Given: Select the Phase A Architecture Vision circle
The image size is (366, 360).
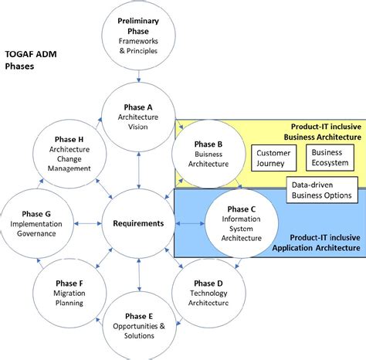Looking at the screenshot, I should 139,117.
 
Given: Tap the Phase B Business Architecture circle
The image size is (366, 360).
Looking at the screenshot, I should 208,153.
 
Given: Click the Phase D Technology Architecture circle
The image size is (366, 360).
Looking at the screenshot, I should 208,292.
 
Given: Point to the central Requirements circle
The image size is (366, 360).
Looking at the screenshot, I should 139,223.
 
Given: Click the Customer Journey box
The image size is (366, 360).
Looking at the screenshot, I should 273,158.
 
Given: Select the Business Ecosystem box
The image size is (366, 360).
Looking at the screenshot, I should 330,158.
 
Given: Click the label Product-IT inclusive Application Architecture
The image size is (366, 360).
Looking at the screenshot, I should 316,243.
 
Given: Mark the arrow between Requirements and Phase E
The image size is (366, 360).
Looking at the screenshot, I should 139,272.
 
